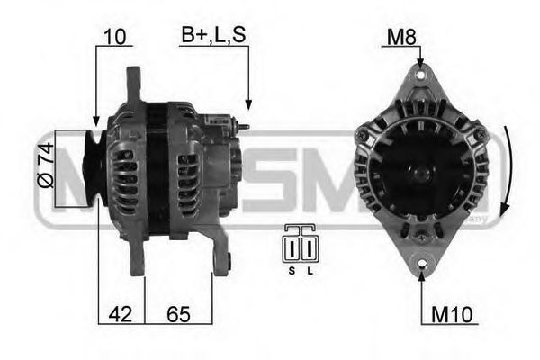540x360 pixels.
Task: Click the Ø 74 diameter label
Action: (x=46, y=163)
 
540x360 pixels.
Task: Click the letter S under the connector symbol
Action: (x=292, y=269)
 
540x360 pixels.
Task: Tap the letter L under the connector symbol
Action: (x=310, y=269)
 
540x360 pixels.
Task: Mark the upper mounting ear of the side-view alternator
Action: (x=134, y=84)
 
